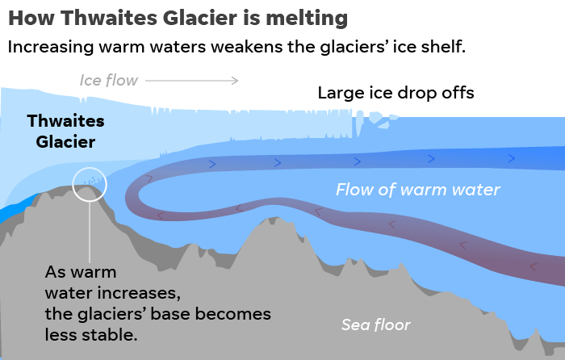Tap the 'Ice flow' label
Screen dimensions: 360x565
coord(109,80)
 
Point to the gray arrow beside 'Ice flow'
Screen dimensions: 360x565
coord(192,80)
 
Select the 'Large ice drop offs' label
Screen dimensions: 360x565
coord(395,93)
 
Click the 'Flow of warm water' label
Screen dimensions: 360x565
coord(418,190)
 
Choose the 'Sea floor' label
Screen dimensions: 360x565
coord(375,325)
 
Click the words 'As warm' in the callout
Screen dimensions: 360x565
coord(81,271)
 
